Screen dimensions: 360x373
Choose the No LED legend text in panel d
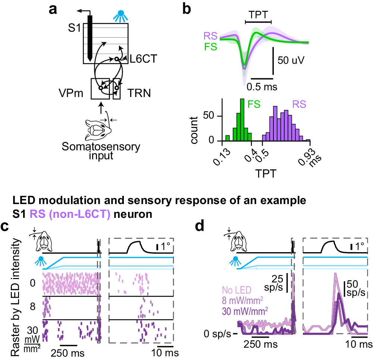coord(236,290)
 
